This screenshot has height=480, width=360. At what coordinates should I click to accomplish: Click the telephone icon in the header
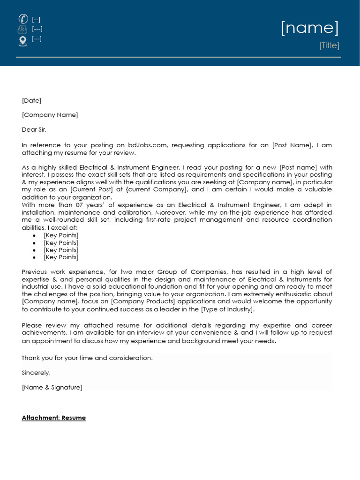[22, 19]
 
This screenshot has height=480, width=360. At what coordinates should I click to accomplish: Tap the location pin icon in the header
[22, 41]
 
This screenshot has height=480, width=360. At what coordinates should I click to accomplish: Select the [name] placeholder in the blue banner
[309, 28]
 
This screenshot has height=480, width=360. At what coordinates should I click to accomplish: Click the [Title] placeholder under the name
[329, 45]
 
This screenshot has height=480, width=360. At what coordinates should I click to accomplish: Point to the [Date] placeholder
[31, 100]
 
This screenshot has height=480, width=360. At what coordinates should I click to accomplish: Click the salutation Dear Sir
[34, 129]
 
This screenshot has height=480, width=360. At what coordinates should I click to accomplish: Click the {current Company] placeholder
[157, 189]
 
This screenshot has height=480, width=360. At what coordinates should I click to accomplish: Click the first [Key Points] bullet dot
[34, 235]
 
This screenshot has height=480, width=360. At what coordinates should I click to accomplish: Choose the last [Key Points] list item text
[61, 257]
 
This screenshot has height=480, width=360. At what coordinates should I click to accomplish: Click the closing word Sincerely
[36, 373]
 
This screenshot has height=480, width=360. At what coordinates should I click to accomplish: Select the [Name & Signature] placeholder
[52, 387]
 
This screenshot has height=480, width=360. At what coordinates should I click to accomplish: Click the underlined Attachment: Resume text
[54, 418]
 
